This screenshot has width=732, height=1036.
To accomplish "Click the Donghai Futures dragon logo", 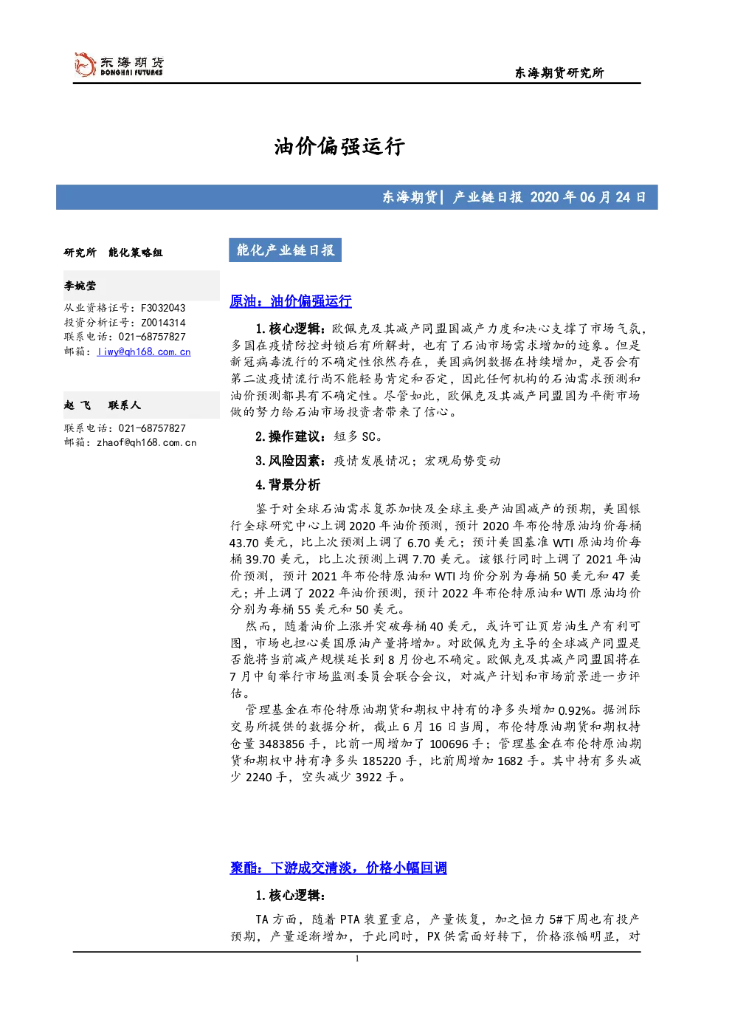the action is pyautogui.click(x=85, y=64).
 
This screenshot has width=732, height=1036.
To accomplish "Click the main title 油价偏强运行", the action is pyautogui.click(x=339, y=146).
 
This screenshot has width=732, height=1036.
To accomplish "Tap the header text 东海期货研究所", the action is pyautogui.click(x=559, y=72).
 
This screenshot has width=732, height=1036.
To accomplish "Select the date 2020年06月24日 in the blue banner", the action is pyautogui.click(x=588, y=197).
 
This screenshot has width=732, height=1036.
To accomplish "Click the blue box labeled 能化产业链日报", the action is pyautogui.click(x=285, y=250).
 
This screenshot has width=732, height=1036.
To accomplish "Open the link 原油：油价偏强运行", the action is pyautogui.click(x=291, y=301).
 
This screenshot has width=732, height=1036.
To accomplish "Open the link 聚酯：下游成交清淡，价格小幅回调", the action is pyautogui.click(x=338, y=867).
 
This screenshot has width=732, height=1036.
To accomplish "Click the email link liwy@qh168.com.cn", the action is pyautogui.click(x=144, y=351).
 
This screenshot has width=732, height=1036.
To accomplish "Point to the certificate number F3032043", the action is pyautogui.click(x=163, y=308).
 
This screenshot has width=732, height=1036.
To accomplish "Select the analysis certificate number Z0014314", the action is pyautogui.click(x=163, y=323).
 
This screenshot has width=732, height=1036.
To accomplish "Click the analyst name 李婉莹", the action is pyautogui.click(x=80, y=286).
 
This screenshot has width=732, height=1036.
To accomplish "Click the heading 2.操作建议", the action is pyautogui.click(x=288, y=436).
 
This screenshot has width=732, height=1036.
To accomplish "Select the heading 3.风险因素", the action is pyautogui.click(x=288, y=461).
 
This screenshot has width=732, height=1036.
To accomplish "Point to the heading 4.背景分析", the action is pyautogui.click(x=288, y=484).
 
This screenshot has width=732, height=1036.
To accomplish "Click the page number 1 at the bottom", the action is pyautogui.click(x=356, y=958).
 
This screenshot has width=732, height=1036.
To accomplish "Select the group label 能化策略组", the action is pyautogui.click(x=135, y=252).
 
